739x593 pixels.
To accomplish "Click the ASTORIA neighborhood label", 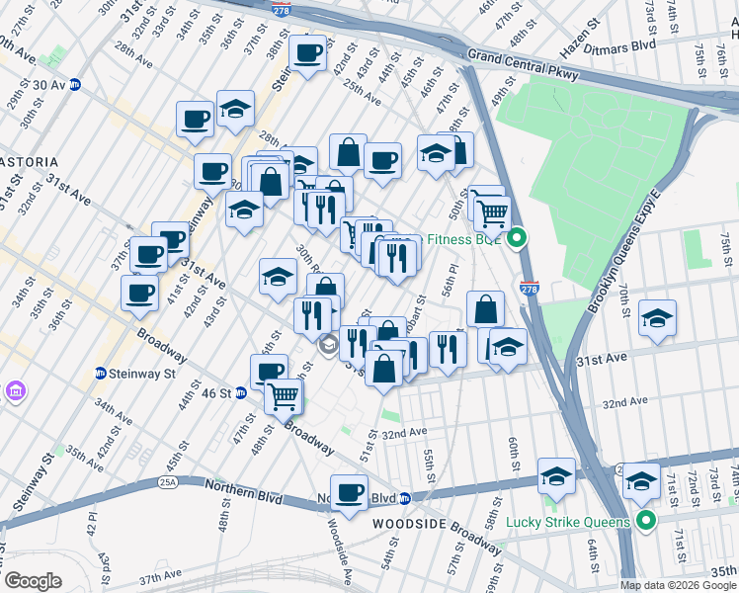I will point(29,161).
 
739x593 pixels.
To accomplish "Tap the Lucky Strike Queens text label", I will point(567,522).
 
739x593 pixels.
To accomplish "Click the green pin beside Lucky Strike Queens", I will point(646,521).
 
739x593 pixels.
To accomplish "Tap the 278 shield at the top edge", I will point(281,6).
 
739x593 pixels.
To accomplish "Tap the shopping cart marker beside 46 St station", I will point(284,397).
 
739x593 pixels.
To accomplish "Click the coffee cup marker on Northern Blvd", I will point(348,493).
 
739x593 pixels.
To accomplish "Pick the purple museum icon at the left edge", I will point(15,392).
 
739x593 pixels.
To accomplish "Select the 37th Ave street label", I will point(162,575).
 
